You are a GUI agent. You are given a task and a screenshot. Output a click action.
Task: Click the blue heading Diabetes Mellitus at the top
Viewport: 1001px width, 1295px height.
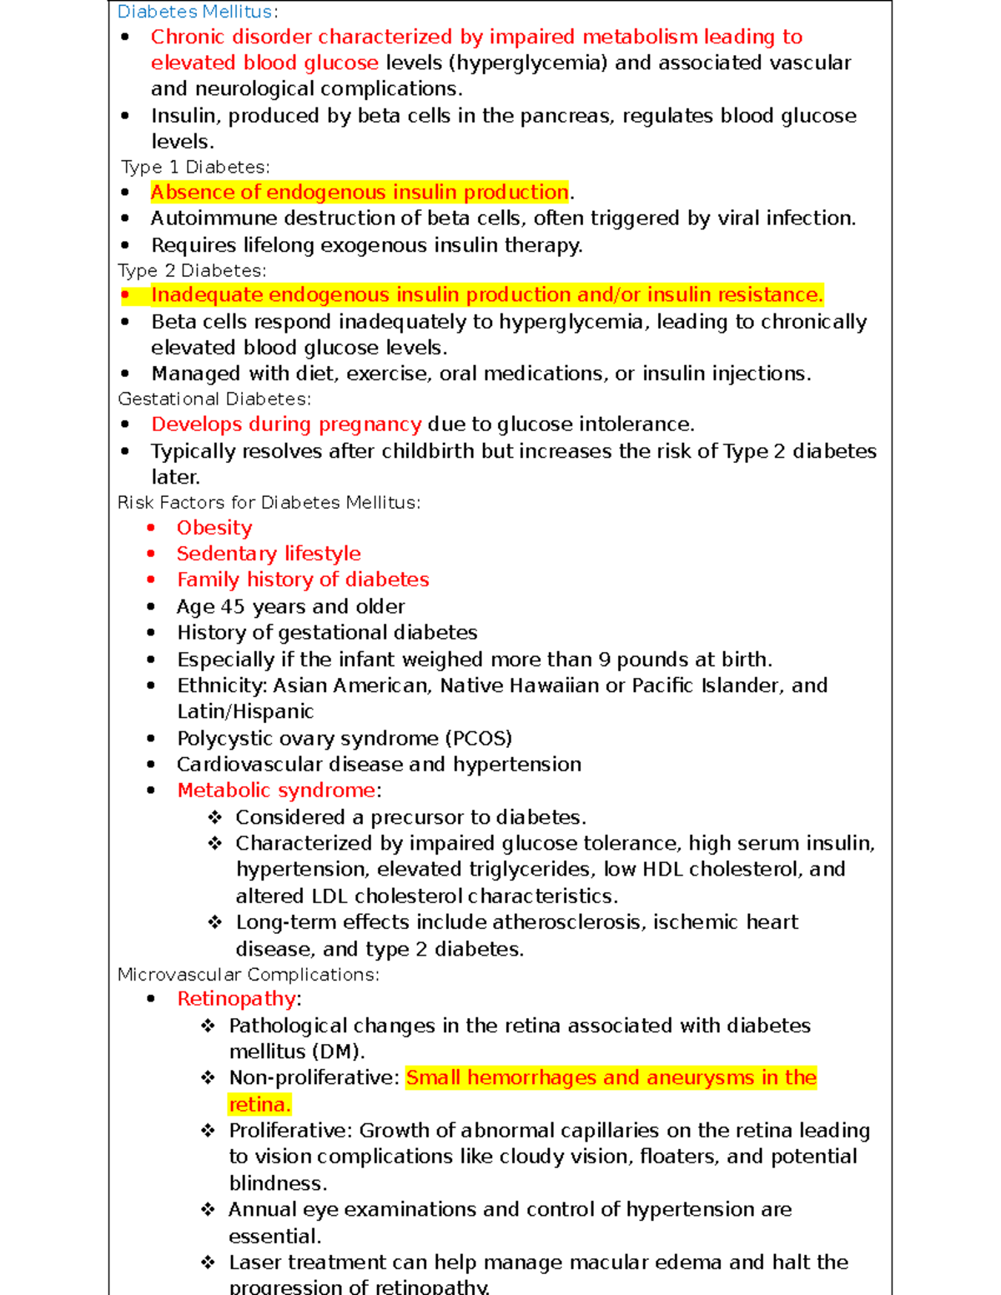coord(194,12)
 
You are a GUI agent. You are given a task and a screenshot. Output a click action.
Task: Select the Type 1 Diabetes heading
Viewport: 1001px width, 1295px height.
coord(194,168)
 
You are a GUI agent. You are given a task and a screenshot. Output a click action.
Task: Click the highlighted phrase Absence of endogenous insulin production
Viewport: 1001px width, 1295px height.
coord(359,193)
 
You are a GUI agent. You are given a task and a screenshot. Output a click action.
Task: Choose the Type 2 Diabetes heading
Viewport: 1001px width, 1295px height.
coord(192,271)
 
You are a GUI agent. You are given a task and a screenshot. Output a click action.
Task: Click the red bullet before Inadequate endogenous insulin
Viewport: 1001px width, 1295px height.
coord(125,295)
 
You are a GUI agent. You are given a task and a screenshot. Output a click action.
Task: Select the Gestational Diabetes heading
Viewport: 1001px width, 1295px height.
coord(214,399)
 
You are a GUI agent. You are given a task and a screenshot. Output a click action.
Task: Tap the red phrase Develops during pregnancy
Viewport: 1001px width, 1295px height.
coord(286,424)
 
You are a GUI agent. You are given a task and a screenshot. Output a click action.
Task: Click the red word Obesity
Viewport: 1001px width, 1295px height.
coord(214,528)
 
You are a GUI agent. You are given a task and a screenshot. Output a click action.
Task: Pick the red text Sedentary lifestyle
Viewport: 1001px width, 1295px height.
coord(269,554)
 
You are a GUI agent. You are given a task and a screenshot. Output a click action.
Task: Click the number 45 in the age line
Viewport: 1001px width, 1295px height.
coord(232,607)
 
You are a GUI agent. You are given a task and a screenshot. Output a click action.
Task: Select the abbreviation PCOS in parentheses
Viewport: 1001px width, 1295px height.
coord(478,739)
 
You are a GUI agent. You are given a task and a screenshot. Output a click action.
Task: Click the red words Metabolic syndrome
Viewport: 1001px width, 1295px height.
coord(276,791)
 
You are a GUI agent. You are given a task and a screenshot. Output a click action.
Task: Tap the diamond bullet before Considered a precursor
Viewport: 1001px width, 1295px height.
coord(215,817)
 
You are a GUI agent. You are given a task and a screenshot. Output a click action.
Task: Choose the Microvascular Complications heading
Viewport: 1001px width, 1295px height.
coord(248,975)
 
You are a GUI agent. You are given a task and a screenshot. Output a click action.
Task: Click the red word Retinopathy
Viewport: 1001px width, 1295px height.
coord(236,999)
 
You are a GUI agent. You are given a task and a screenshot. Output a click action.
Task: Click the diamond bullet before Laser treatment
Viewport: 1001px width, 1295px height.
coord(209,1262)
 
